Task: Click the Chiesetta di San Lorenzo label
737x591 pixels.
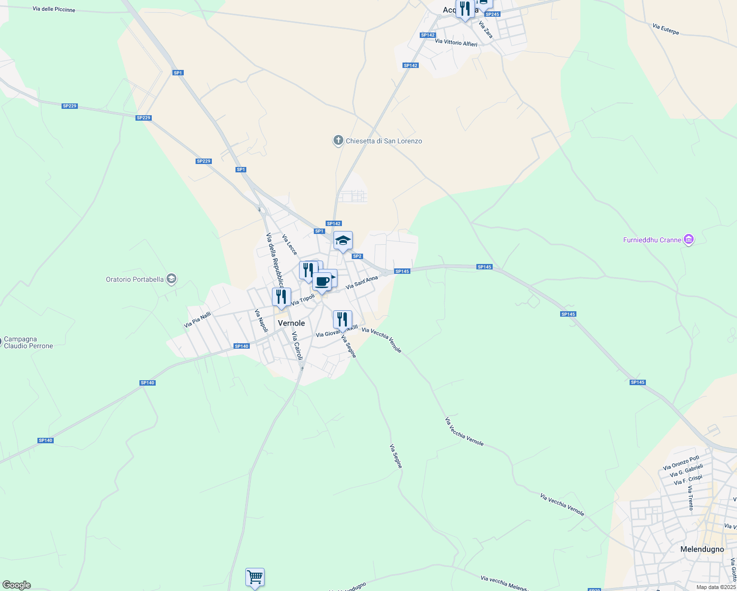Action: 384,141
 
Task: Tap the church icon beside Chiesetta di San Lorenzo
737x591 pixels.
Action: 338,141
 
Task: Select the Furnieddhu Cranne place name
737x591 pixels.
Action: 652,240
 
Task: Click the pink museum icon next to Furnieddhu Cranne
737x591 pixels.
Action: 689,240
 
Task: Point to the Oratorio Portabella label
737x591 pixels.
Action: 134,279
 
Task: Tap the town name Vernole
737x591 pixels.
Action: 291,323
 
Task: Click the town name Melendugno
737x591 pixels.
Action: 702,549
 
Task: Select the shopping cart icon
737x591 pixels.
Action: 255,577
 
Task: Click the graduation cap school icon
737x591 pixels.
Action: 343,241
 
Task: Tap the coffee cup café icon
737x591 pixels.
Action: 322,282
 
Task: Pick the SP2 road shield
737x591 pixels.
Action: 357,256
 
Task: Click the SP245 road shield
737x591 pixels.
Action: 492,14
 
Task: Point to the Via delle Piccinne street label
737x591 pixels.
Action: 54,9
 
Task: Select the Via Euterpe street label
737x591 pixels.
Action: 666,30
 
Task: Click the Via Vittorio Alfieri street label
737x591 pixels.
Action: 456,43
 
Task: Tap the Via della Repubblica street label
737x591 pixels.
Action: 275,260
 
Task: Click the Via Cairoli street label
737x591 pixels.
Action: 297,346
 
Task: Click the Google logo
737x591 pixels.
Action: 16,585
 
